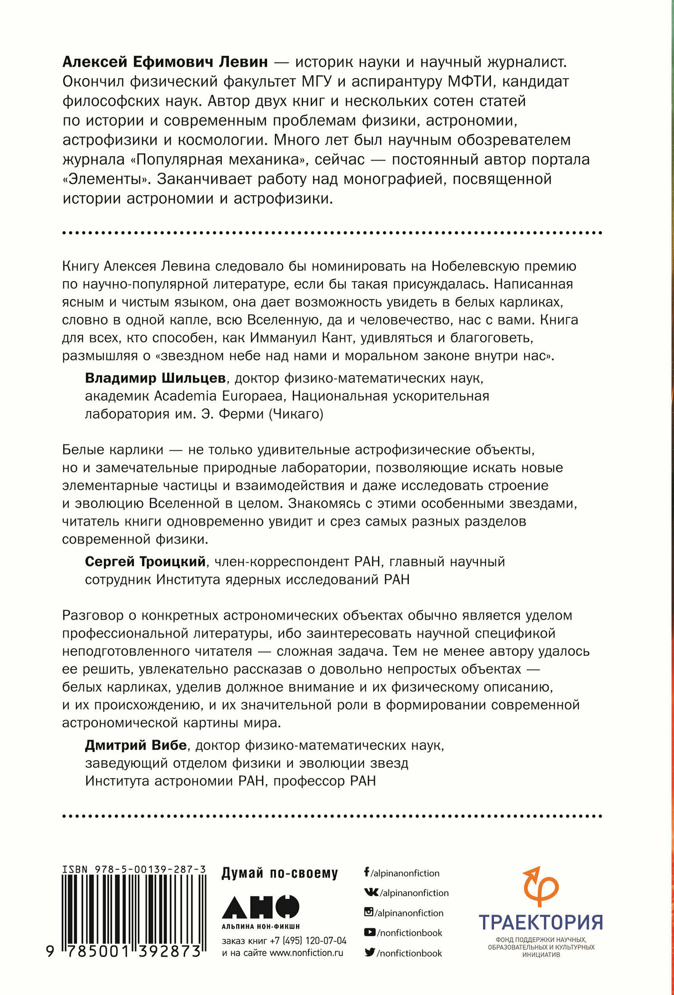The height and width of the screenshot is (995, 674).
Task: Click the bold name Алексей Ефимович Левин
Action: pyautogui.click(x=165, y=62)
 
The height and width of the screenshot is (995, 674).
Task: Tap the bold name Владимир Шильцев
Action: pyautogui.click(x=155, y=378)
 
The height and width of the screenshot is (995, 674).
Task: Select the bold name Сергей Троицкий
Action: pyautogui.click(x=145, y=562)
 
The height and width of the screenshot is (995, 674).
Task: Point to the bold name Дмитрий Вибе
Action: pyautogui.click(x=136, y=745)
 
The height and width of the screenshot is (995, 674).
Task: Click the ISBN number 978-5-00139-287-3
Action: pyautogui.click(x=134, y=869)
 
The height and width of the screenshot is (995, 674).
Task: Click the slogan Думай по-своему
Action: pyautogui.click(x=280, y=873)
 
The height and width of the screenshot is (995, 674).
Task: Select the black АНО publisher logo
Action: pyautogui.click(x=261, y=906)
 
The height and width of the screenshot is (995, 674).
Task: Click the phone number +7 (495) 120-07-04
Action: pyautogui.click(x=308, y=941)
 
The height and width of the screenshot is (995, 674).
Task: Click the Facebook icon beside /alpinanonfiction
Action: pyautogui.click(x=367, y=872)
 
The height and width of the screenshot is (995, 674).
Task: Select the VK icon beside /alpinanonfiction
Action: pyautogui.click(x=371, y=893)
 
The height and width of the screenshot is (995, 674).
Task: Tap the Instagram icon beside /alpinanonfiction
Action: pyautogui.click(x=369, y=912)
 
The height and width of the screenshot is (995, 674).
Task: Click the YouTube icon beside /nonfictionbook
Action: pyautogui.click(x=370, y=932)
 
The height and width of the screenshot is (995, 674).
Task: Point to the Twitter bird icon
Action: pyautogui.click(x=370, y=953)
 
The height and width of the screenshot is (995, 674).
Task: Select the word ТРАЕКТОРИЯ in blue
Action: pyautogui.click(x=541, y=922)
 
